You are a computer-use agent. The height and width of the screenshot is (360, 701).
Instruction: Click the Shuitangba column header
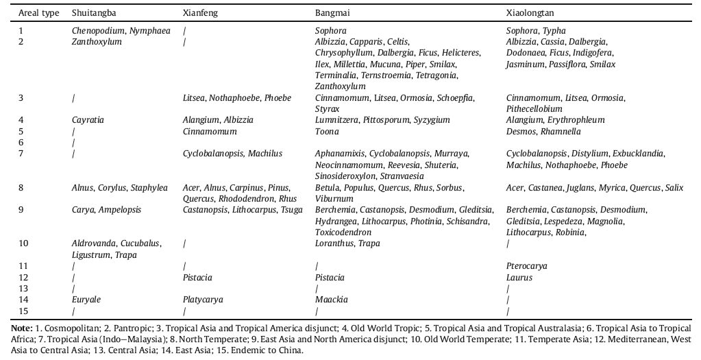(94, 13)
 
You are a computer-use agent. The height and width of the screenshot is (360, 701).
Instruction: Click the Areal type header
(38, 13)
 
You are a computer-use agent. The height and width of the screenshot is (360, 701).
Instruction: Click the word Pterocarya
(526, 266)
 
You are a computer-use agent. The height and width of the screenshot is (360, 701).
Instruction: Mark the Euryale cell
(85, 300)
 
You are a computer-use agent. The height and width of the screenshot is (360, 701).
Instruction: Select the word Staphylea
(150, 187)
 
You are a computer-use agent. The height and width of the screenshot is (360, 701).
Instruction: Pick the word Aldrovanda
(94, 243)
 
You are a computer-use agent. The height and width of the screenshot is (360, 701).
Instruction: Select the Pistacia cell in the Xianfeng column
(197, 278)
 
